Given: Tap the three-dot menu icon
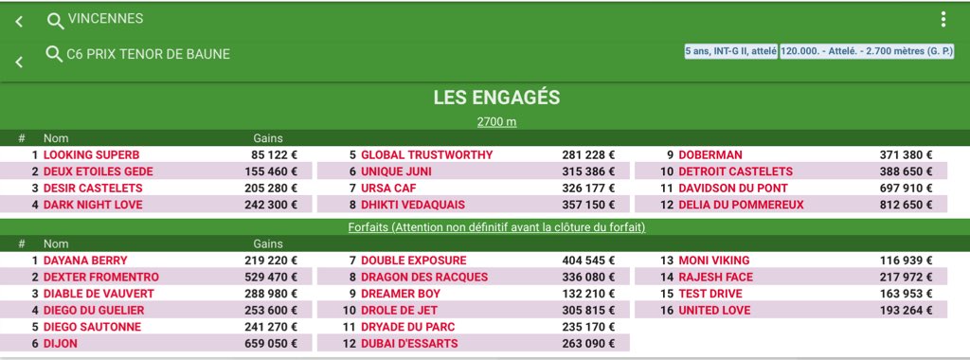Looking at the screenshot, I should pos(943,20).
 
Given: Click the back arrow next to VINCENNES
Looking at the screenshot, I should pos(19,22).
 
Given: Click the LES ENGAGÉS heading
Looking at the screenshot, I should pos(496,98).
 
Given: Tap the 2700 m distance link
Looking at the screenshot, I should pos(496,121).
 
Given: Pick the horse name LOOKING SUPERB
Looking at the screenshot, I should pos(91,154).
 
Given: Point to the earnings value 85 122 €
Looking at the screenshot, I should pos(274,154).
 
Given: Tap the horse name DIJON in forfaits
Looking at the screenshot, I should pos(60,344).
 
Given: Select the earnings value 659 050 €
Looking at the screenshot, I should pos(274,344).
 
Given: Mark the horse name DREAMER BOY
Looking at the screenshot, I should pos(401,294).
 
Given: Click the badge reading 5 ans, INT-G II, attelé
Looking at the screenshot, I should pos(729,51).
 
